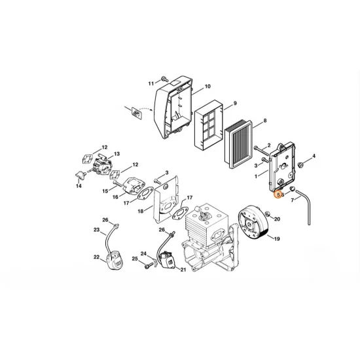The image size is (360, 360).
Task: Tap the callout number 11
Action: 150,84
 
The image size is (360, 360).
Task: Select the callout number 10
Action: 207,86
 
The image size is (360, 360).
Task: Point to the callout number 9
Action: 235,103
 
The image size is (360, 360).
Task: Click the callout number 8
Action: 264,121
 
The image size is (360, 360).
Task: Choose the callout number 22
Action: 96,257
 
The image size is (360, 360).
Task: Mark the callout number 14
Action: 79,187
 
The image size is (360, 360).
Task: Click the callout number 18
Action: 140,211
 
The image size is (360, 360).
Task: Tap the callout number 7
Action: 292,200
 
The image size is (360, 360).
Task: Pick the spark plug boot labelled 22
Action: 113,259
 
